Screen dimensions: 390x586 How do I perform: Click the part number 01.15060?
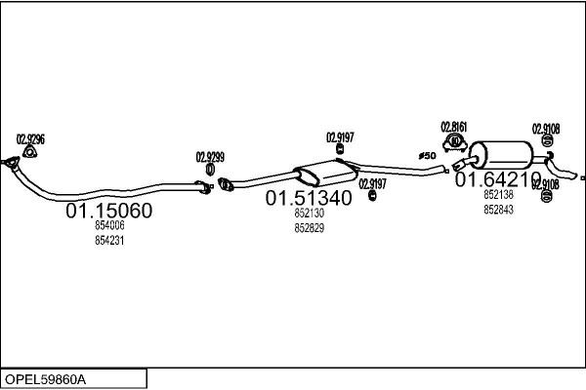coord(108,210)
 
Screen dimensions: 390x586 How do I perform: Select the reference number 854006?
coord(109,225)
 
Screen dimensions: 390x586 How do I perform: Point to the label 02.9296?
coord(30,138)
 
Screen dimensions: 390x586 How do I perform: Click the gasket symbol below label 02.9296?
coord(30,150)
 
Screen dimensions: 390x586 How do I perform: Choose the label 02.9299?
coord(210,156)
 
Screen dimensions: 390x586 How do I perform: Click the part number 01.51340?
coord(309,198)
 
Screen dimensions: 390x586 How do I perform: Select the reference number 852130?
coord(309,213)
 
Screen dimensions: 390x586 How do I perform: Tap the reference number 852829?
coord(309,227)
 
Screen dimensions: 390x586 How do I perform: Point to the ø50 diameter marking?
coord(427,156)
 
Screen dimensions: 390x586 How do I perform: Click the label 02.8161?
coord(454,126)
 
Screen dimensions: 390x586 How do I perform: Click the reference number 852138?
coord(498,194)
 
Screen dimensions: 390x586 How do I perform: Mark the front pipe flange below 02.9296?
coord(11,165)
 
